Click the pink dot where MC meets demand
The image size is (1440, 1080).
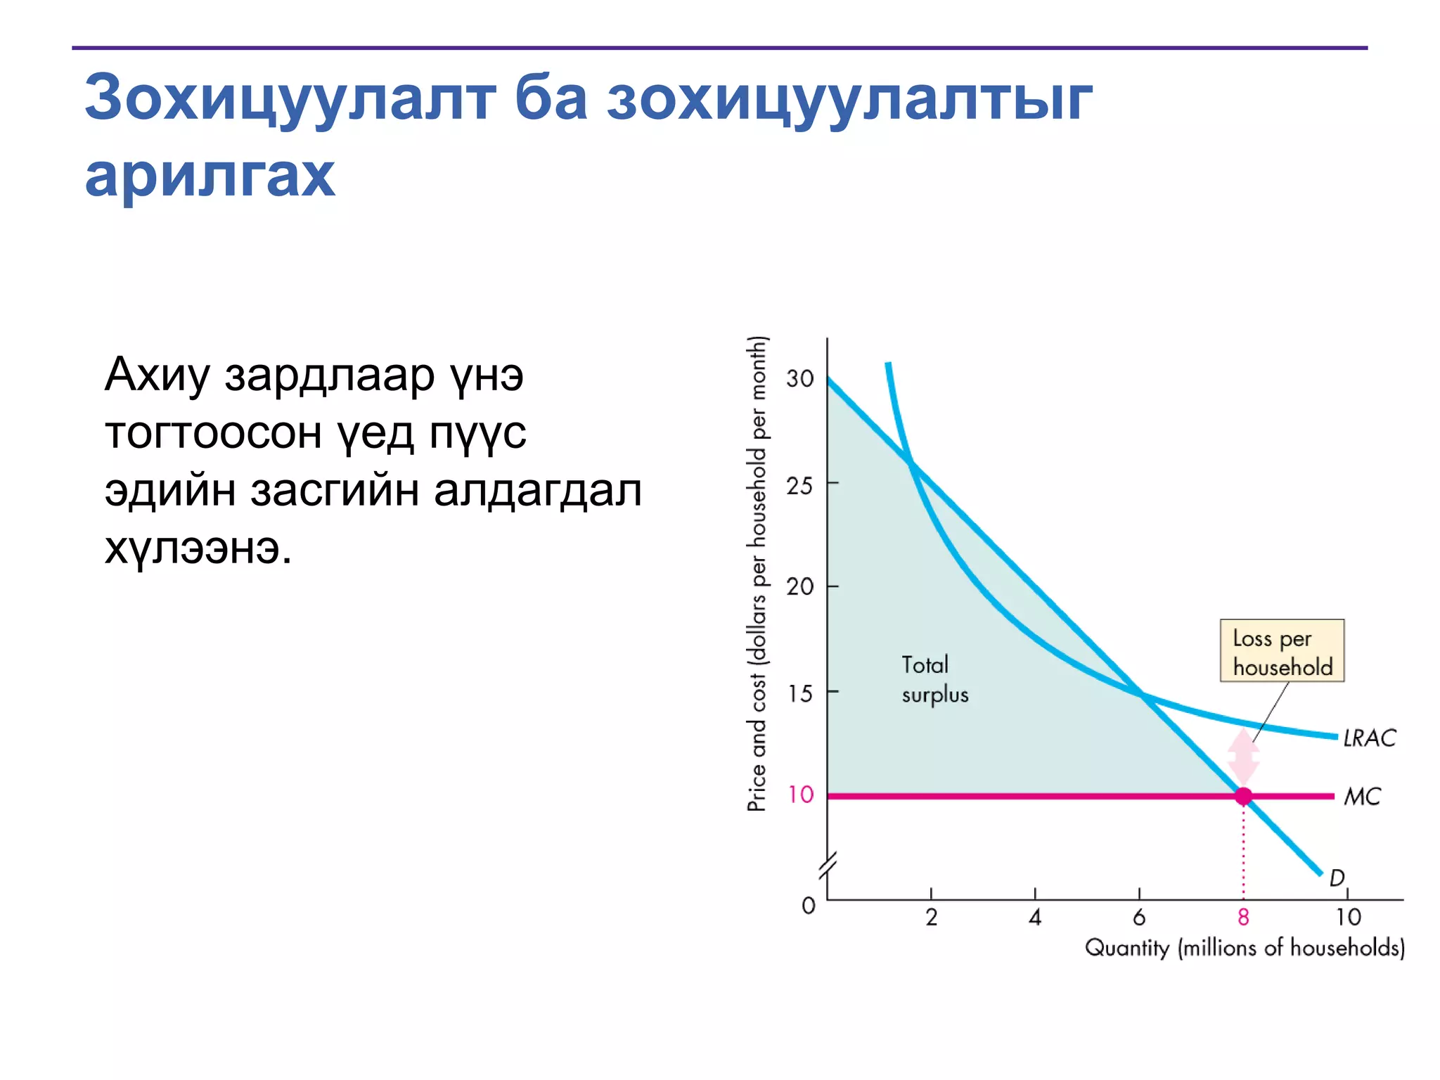pyautogui.click(x=1243, y=796)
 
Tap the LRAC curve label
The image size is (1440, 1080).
pyautogui.click(x=1369, y=738)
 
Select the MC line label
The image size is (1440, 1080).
pyautogui.click(x=1362, y=796)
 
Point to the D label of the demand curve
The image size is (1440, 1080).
pyautogui.click(x=1337, y=877)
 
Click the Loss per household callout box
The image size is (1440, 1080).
pyautogui.click(x=1282, y=651)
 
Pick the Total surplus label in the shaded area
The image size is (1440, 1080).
pyautogui.click(x=934, y=679)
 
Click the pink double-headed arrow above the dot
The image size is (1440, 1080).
pyautogui.click(x=1243, y=757)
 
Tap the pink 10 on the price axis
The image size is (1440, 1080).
pyautogui.click(x=800, y=795)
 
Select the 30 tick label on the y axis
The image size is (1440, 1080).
pyautogui.click(x=799, y=378)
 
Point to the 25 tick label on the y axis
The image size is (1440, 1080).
pyautogui.click(x=799, y=485)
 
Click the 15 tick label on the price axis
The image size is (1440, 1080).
pyautogui.click(x=799, y=693)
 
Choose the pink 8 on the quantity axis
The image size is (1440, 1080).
pyautogui.click(x=1243, y=917)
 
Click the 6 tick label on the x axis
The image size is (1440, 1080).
pyautogui.click(x=1139, y=917)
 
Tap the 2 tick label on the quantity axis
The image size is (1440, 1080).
pyautogui.click(x=931, y=917)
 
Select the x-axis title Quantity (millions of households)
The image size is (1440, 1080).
pyautogui.click(x=1245, y=948)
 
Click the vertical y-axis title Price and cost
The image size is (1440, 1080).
pyautogui.click(x=757, y=574)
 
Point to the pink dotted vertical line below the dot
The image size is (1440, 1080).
pyautogui.click(x=1243, y=851)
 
